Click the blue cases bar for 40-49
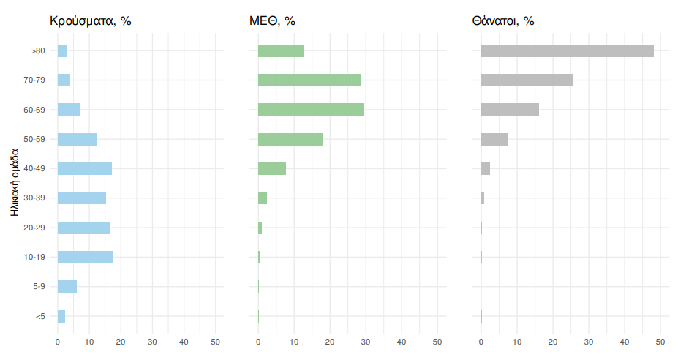click(85, 168)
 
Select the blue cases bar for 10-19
click(85, 257)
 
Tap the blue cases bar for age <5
click(61, 316)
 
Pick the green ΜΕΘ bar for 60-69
click(311, 109)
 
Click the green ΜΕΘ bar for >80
click(280, 50)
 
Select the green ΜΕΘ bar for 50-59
click(290, 139)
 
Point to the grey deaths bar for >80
click(567, 50)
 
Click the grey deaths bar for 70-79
click(527, 80)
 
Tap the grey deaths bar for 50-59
click(494, 139)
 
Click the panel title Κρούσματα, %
click(90, 20)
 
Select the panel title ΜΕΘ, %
click(272, 20)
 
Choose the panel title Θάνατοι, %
click(503, 20)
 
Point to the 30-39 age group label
click(34, 198)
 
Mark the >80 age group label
click(38, 50)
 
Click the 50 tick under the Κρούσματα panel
click(216, 342)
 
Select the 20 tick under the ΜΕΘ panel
click(330, 342)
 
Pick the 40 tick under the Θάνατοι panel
click(625, 342)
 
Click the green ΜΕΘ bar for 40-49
click(271, 168)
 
